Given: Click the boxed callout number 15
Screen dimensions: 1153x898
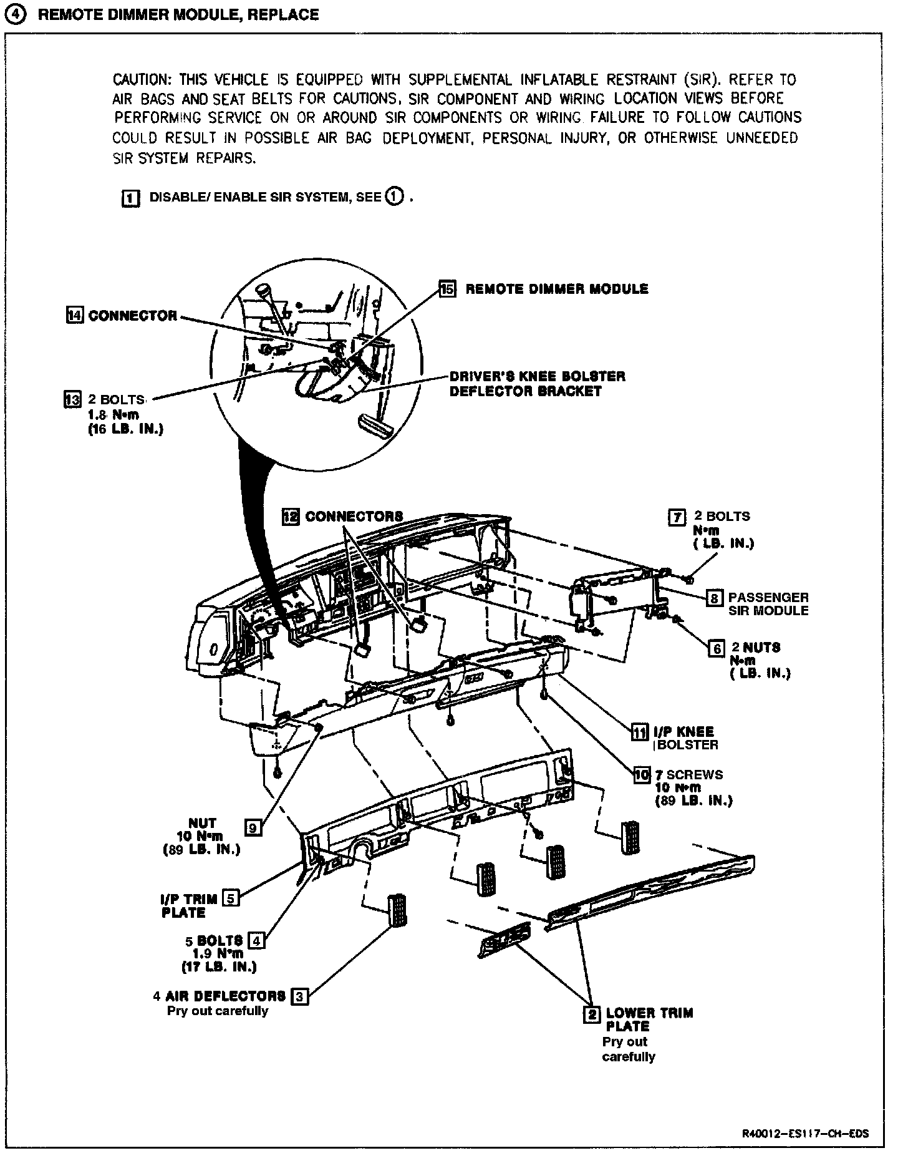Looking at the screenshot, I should (448, 289).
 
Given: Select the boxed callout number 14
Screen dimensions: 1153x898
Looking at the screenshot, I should (75, 316).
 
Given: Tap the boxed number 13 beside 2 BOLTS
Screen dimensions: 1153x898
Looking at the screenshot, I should (73, 399).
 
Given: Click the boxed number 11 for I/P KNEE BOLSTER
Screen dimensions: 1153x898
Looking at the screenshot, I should (640, 731).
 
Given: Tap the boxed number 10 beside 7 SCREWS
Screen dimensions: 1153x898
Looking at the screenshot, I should (642, 775).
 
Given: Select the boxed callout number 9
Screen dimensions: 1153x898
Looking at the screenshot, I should (253, 827).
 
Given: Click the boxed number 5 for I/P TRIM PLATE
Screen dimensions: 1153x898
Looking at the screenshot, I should (231, 898).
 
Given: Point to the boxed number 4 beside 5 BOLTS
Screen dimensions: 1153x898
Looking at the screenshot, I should (256, 940).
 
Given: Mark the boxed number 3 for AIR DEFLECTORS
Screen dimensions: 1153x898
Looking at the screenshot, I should (300, 996).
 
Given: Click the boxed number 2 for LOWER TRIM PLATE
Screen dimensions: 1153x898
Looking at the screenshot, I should (591, 1014).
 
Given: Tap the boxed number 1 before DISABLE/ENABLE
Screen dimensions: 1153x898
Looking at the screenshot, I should (129, 198).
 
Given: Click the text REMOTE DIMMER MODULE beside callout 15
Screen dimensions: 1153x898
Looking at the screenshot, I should (557, 289).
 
